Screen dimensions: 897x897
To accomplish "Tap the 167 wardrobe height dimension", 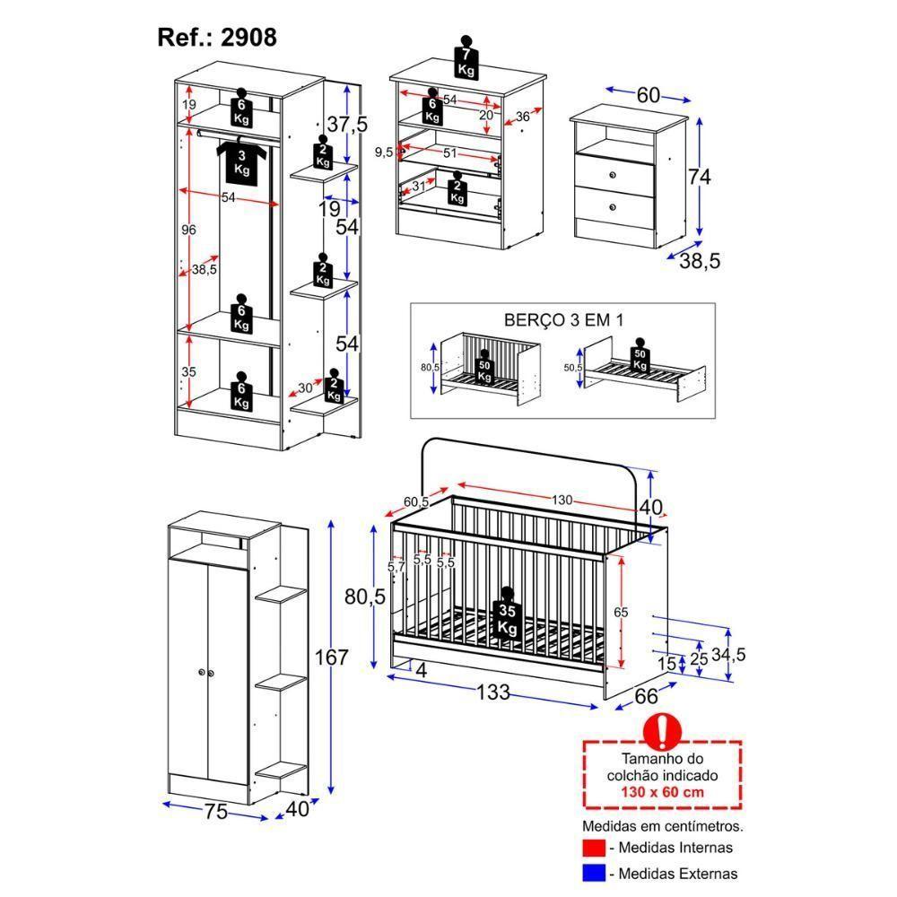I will click(x=331, y=658).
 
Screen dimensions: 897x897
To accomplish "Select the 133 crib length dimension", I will click(x=493, y=692).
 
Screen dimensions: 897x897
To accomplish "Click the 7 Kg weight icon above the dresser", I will click(x=466, y=60).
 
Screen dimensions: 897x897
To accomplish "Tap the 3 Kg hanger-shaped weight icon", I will click(x=241, y=161).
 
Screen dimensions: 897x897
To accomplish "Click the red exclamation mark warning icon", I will click(x=662, y=732).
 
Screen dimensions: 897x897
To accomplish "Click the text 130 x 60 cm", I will click(x=663, y=792).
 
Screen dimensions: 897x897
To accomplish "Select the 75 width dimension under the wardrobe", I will click(x=215, y=813).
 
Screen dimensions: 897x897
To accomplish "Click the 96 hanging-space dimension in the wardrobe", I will click(x=188, y=231).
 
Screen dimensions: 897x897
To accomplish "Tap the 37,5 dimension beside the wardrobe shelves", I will click(x=346, y=125).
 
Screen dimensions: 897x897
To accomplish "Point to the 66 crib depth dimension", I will click(x=647, y=695).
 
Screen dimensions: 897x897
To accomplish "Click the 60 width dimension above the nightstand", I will click(x=648, y=95).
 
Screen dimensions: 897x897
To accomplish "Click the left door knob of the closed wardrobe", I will click(x=199, y=673).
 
